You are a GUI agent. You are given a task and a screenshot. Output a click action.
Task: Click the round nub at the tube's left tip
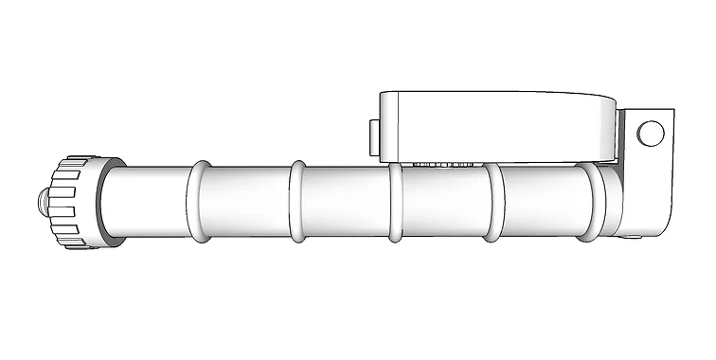tap(44, 202)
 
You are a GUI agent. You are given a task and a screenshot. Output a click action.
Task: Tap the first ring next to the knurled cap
tap(200, 201)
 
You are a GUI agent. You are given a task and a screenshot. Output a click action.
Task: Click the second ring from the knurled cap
tap(297, 201)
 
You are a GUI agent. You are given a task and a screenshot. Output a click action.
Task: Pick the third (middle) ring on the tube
tap(395, 202)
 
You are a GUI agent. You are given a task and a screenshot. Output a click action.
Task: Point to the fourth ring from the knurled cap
tap(492, 202)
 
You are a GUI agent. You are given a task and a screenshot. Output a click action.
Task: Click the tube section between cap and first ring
tap(147, 202)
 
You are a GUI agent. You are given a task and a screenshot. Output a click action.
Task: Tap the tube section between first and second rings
tap(248, 202)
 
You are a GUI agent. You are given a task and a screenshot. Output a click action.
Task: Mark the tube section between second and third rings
tap(346, 202)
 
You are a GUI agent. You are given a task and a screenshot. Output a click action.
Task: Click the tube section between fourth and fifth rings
tap(541, 202)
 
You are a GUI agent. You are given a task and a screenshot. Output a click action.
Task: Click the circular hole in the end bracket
tap(650, 134)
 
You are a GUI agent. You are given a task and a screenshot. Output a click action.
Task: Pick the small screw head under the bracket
tap(630, 237)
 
